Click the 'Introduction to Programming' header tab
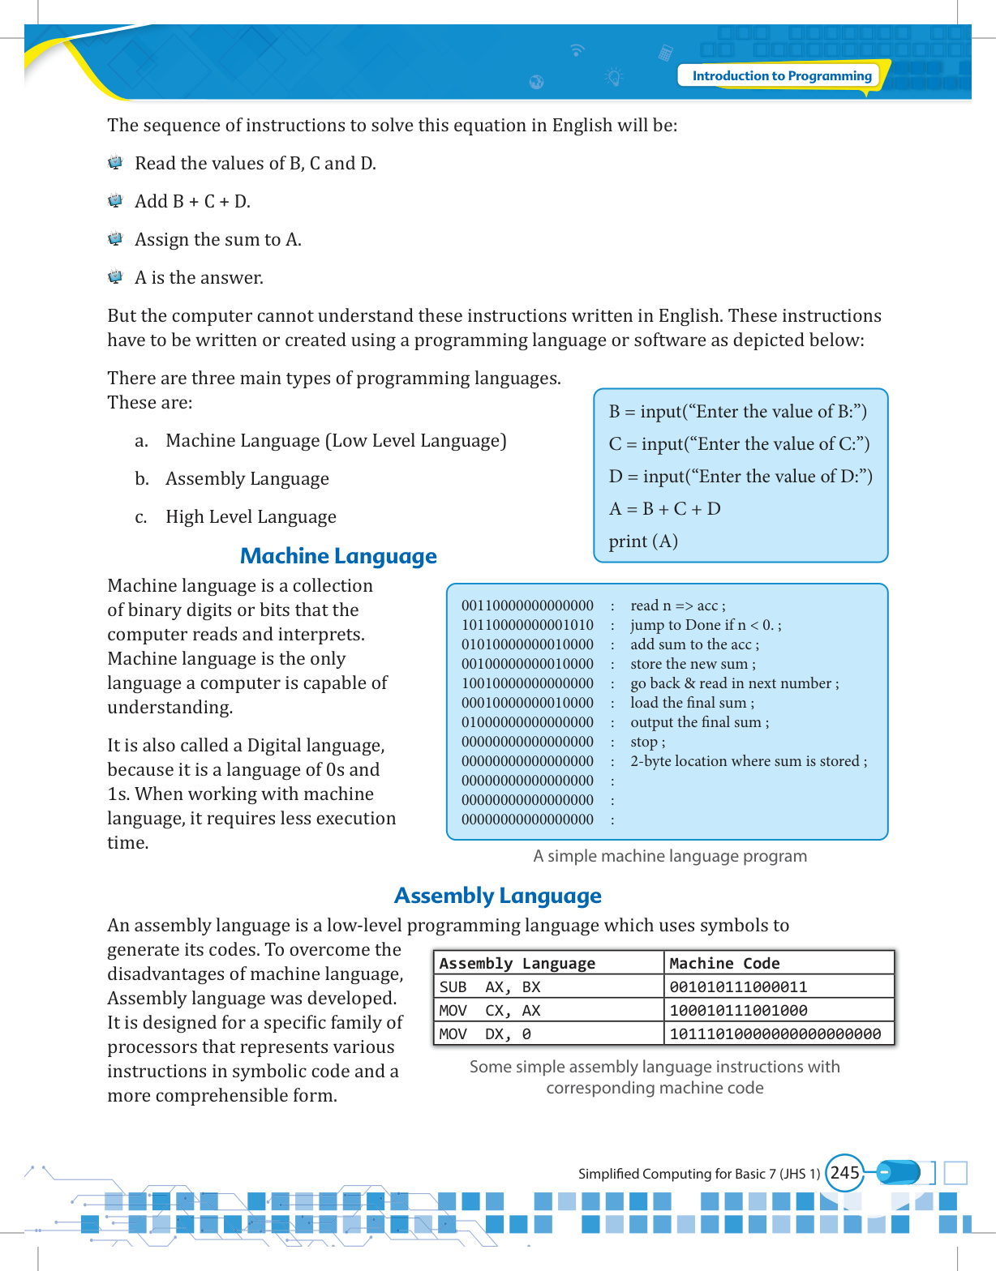pos(781,76)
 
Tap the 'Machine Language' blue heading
pos(338,556)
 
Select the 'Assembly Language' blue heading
pos(497,896)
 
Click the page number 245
pos(844,1173)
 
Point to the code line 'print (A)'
pos(643,541)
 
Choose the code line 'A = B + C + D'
pos(664,509)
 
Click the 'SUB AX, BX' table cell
pos(490,987)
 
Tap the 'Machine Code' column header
pos(724,963)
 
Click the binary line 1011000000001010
pos(527,625)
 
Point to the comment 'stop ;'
pos(647,742)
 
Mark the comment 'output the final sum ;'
pos(699,722)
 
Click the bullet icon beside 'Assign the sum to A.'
pos(115,239)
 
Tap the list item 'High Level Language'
pos(251,517)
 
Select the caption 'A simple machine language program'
pos(670,856)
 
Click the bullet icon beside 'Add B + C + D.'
pos(115,201)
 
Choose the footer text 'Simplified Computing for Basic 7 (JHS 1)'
pos(699,1174)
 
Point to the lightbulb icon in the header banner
pos(614,78)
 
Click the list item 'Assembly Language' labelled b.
pos(247,479)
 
